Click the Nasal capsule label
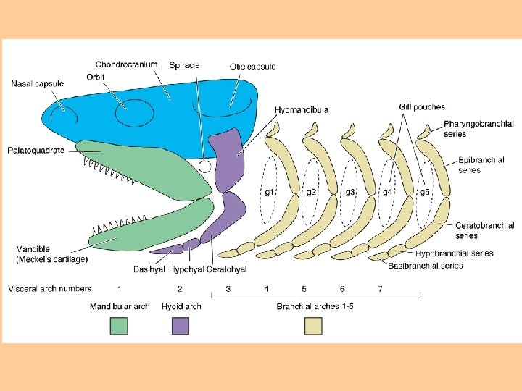pyautogui.click(x=38, y=83)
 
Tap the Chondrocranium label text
pyautogui.click(x=126, y=64)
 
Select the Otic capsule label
pyautogui.click(x=252, y=67)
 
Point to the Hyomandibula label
pyautogui.click(x=302, y=109)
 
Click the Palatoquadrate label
pyautogui.click(x=36, y=151)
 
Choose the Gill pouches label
pyautogui.click(x=421, y=107)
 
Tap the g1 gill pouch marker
pyautogui.click(x=269, y=192)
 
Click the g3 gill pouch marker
pyautogui.click(x=350, y=192)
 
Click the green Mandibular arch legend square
pyautogui.click(x=118, y=326)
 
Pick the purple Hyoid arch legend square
pyautogui.click(x=181, y=326)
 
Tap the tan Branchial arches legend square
pyautogui.click(x=313, y=326)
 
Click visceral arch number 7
pyautogui.click(x=381, y=289)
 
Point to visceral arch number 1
pyautogui.click(x=119, y=289)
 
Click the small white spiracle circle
pyautogui.click(x=205, y=166)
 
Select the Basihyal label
pyautogui.click(x=149, y=270)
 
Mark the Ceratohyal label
pyautogui.click(x=227, y=270)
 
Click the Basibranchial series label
pyautogui.click(x=426, y=266)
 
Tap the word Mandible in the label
pyautogui.click(x=33, y=249)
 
